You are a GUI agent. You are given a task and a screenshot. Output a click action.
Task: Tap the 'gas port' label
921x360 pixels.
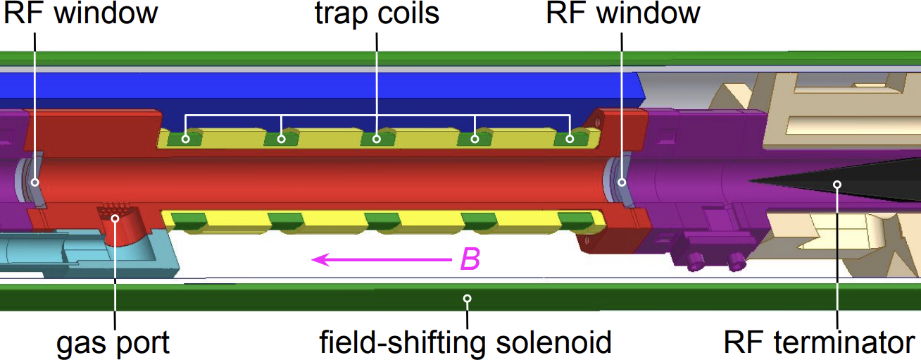[113, 343]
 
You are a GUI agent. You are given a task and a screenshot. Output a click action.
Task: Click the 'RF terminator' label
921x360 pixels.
[820, 342]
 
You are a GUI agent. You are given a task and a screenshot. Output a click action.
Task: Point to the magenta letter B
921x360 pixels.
[470, 259]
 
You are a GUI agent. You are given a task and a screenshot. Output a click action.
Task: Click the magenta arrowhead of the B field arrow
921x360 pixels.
[320, 260]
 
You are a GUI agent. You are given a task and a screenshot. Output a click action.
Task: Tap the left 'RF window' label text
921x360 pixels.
[80, 13]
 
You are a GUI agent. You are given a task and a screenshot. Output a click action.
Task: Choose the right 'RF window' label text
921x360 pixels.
[623, 13]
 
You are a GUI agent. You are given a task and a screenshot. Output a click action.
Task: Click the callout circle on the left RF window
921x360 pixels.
[35, 182]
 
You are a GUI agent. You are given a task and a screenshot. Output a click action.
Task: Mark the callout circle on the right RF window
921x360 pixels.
[622, 182]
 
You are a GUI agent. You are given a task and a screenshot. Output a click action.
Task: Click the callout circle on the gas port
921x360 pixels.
[115, 218]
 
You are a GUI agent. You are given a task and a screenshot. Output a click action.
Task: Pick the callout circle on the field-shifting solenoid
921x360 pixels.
[467, 298]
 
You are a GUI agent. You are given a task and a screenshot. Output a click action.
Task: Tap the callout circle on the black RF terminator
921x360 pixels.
[837, 185]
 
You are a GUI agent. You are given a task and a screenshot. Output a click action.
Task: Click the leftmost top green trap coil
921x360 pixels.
[185, 138]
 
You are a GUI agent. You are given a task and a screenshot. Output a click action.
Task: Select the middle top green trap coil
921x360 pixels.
[377, 138]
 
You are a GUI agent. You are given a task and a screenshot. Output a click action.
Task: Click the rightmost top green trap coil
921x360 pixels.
[570, 138]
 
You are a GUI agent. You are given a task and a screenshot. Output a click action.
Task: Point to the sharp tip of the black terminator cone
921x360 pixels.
[749, 180]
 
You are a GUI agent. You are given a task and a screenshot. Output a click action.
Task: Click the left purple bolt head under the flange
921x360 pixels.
[694, 261]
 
